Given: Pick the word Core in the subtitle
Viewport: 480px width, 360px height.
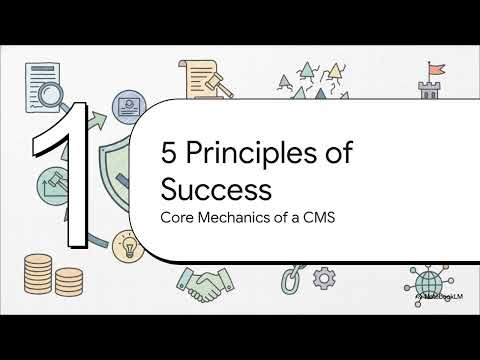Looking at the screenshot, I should point(178,215).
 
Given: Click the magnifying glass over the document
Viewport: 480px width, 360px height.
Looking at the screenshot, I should point(46,99).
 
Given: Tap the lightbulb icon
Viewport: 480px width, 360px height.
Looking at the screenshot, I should point(129,243).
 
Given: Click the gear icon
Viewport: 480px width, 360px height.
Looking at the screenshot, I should point(324,276).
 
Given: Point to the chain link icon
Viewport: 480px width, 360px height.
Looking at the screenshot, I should point(291,277).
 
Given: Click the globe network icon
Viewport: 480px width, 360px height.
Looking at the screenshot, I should point(421,279).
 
